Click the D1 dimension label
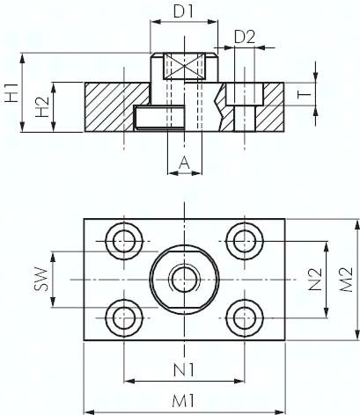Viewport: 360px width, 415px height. click(183, 14)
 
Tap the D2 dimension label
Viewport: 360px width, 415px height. click(246, 37)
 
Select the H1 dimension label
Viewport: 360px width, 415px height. click(11, 91)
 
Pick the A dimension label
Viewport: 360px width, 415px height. click(183, 161)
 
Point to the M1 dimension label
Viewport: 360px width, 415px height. click(183, 400)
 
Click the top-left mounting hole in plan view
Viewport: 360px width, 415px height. click(122, 238)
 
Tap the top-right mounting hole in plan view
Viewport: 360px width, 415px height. click(243, 238)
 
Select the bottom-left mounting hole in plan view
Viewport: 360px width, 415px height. click(122, 317)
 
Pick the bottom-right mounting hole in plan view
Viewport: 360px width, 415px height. click(243, 317)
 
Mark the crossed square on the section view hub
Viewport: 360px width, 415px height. click(183, 67)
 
